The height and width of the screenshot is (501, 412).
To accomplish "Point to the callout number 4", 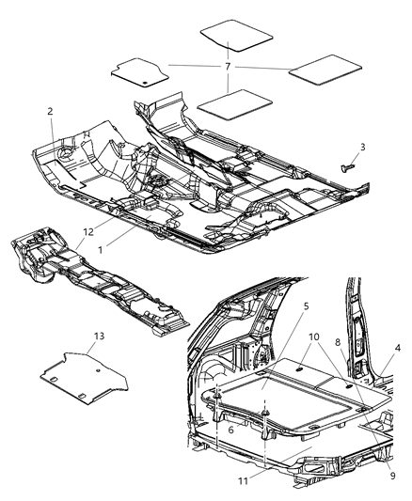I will (398, 349).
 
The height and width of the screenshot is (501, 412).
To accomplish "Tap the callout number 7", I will (228, 68).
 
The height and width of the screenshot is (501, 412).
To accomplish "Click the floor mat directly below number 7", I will (230, 103).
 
